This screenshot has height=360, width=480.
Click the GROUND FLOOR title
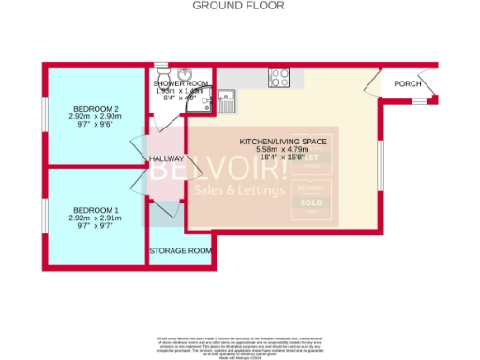click(x=239, y=6)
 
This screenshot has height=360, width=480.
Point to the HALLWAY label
click(x=167, y=159)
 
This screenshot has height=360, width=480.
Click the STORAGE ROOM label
click(x=181, y=251)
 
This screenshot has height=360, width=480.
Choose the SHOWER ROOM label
click(x=181, y=83)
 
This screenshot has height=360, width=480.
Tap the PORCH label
click(x=408, y=83)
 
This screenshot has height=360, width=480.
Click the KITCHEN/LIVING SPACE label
click(x=282, y=141)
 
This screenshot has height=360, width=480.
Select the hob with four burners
click(x=279, y=78)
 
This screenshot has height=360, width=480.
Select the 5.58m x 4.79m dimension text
click(x=282, y=149)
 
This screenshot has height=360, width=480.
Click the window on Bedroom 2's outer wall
click(x=45, y=119)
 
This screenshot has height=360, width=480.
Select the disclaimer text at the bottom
click(x=239, y=344)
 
